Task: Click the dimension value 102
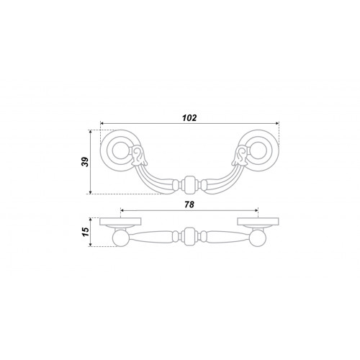pyautogui.click(x=189, y=118)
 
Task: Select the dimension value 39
pyautogui.click(x=85, y=162)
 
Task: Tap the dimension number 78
pyautogui.click(x=189, y=204)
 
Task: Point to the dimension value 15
pyautogui.click(x=86, y=232)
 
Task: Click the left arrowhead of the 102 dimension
pyautogui.click(x=102, y=123)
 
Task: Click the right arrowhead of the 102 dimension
pyautogui.click(x=277, y=123)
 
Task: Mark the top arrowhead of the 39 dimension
pyautogui.click(x=90, y=132)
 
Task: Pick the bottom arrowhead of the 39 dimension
pyautogui.click(x=90, y=192)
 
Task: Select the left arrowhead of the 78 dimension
pyautogui.click(x=122, y=210)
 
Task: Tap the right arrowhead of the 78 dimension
pyautogui.click(x=256, y=210)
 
